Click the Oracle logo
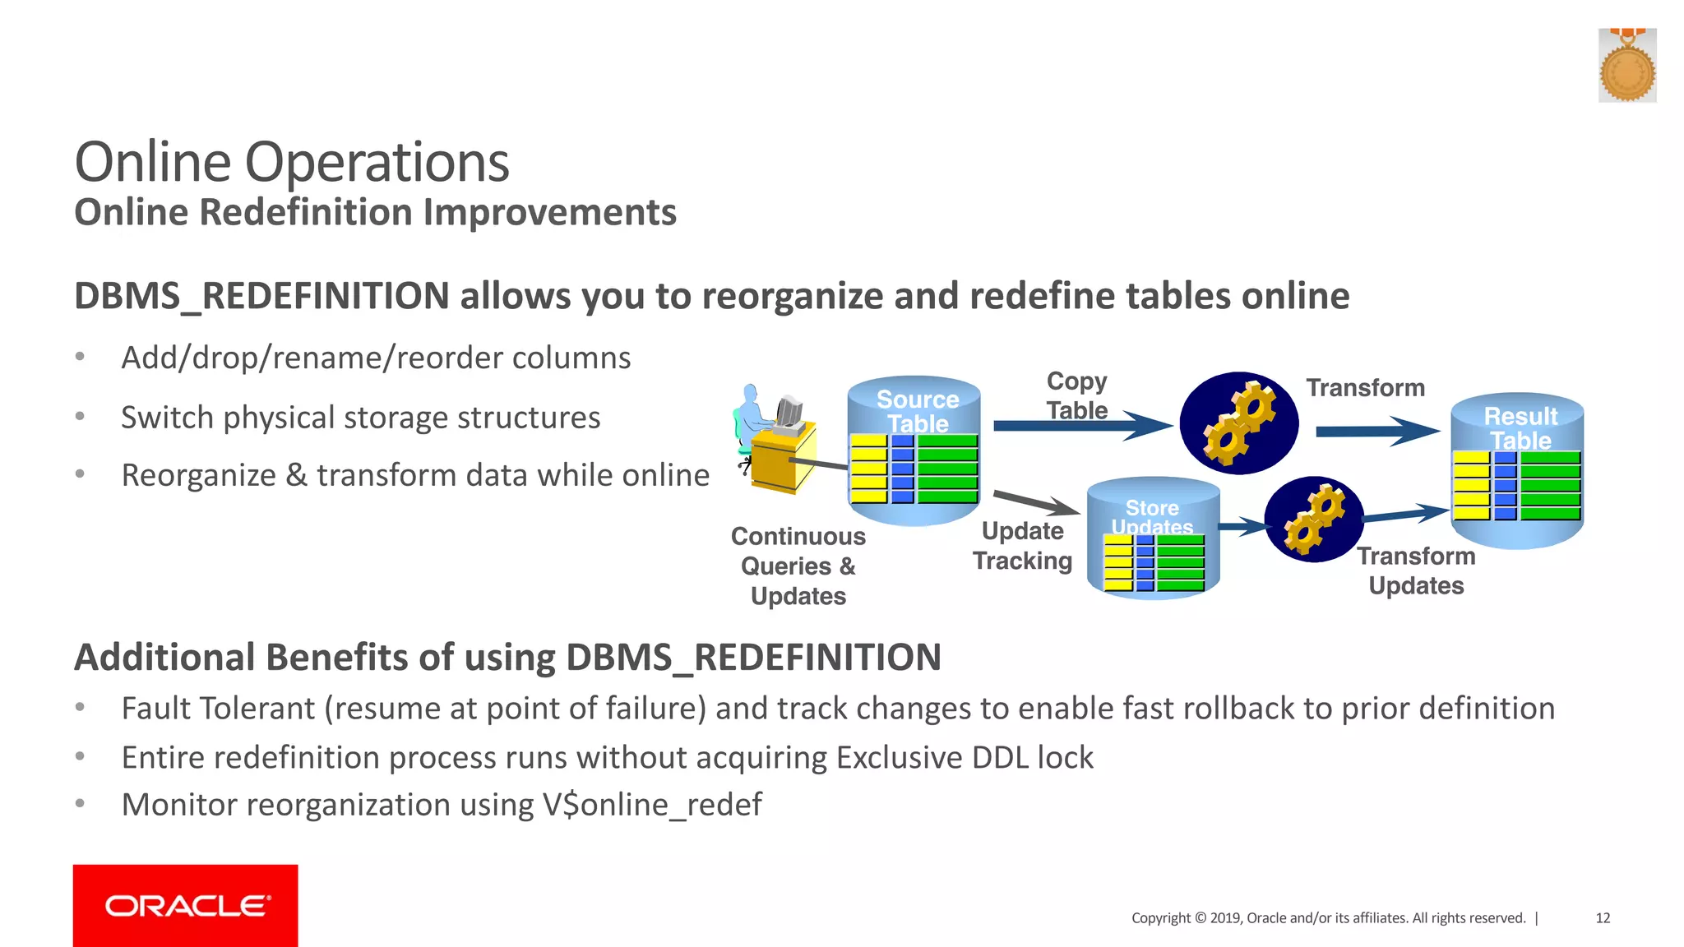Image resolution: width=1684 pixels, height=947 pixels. pos(186,905)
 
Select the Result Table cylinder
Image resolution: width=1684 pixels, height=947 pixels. pos(1518,470)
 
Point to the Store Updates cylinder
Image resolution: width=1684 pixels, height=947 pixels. pos(1153,539)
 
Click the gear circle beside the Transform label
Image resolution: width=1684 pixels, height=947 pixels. pos(1238,423)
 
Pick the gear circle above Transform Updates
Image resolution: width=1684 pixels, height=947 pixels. pos(1313,520)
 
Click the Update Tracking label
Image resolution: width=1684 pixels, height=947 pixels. pos(1022,546)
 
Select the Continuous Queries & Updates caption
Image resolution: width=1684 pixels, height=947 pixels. pos(798,566)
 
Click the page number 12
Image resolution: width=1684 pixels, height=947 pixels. pos(1603,918)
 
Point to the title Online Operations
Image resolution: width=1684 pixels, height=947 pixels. pos(292,162)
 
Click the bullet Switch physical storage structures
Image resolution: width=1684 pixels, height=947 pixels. pos(360,418)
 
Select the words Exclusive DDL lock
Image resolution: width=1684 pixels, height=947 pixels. pos(965,757)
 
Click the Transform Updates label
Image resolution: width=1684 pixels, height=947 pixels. pos(1416,571)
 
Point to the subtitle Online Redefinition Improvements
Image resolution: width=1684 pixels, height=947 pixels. pos(375,212)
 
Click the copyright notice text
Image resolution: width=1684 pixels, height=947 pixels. pos(1328,918)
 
